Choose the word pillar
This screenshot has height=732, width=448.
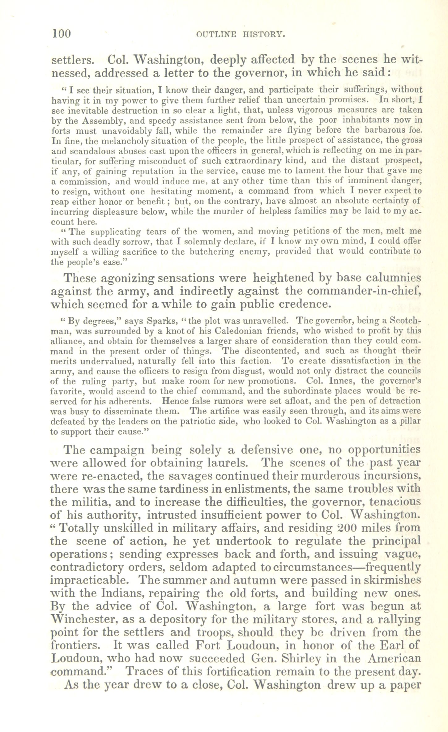pyautogui.click(x=409, y=421)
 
